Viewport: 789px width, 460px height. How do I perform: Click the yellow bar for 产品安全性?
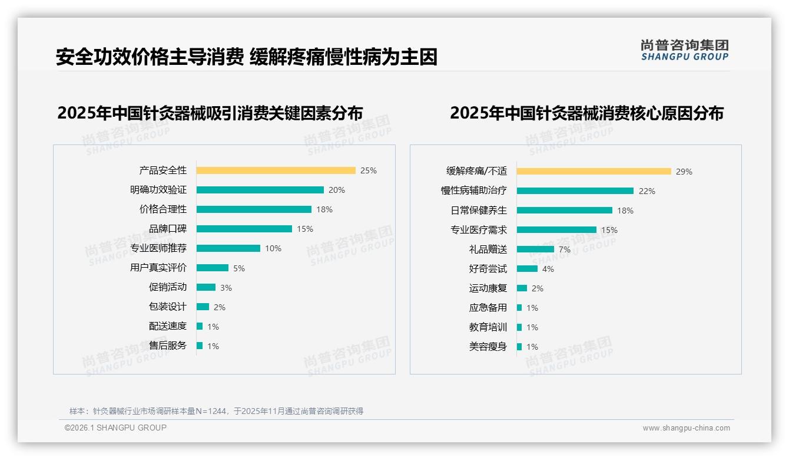276,170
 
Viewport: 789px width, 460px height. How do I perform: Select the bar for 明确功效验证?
260,190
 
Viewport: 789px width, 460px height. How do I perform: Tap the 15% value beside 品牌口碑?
305,229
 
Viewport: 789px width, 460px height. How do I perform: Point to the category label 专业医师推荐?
158,248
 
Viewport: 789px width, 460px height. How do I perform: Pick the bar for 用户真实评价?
212,268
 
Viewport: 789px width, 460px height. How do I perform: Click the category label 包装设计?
168,307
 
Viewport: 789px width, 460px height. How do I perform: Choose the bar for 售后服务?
200,346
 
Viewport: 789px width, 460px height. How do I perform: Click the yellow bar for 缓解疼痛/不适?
594,172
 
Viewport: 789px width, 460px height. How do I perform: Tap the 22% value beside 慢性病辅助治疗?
647,191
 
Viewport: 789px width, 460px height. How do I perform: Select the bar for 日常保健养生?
564,211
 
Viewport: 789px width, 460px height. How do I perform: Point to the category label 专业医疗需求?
479,230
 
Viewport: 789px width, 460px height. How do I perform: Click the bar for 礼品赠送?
535,249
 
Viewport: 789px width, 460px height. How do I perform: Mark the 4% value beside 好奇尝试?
548,269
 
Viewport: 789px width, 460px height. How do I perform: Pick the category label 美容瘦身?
488,347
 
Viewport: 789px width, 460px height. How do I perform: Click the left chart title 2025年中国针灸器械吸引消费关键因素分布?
210,113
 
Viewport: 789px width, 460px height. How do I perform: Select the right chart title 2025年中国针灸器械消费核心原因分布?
586,113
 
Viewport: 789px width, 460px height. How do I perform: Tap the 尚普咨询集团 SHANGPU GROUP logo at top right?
684,50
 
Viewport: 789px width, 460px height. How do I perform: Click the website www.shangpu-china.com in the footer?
686,428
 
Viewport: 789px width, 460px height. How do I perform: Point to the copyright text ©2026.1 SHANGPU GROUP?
115,428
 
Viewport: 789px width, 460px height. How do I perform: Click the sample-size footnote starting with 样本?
216,411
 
